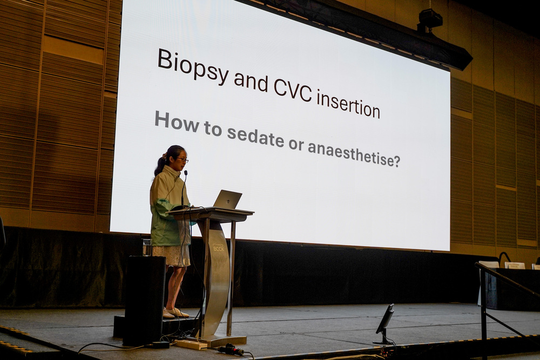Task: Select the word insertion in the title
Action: (348, 103)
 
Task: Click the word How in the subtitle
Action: (177, 121)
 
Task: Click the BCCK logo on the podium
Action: (218, 247)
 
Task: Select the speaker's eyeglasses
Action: (183, 159)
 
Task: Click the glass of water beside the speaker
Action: (147, 247)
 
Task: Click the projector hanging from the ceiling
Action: (429, 20)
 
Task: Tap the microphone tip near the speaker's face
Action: (186, 172)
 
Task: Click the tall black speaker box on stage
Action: (144, 300)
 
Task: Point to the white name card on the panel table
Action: (515, 265)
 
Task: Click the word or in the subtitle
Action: (295, 144)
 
